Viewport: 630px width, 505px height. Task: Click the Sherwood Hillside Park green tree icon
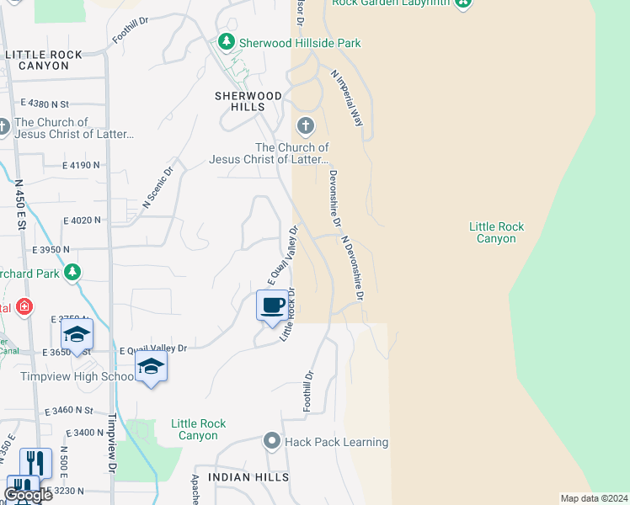tap(225, 41)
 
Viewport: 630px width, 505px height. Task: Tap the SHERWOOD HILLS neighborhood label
tap(252, 101)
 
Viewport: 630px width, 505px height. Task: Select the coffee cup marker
tap(271, 306)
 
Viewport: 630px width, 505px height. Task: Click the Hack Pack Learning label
tap(336, 442)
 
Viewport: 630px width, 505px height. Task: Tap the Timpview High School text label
tap(77, 376)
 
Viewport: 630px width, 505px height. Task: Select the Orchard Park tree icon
tap(73, 272)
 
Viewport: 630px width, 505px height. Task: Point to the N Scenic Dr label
tap(157, 187)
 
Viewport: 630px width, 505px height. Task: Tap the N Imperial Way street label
tap(348, 98)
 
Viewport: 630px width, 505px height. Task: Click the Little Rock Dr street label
tap(288, 315)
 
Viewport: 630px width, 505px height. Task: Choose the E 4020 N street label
tap(82, 221)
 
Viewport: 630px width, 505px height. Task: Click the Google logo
tap(28, 495)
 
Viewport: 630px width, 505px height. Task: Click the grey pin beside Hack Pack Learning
tap(272, 441)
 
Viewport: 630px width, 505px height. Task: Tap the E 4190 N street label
tap(81, 166)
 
